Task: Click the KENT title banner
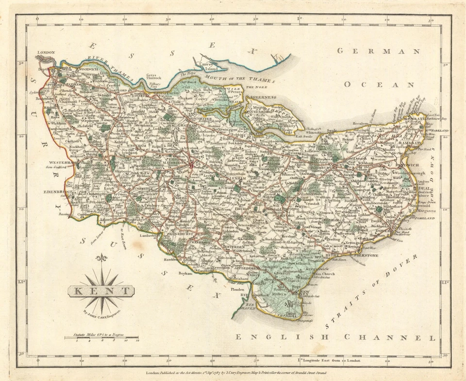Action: point(101,292)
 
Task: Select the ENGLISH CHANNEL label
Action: point(335,337)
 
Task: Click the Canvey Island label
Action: point(208,67)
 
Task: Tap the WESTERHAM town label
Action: point(62,163)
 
